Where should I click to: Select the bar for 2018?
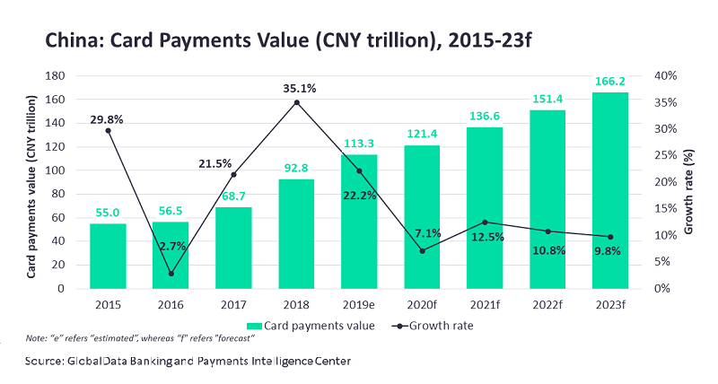(296, 233)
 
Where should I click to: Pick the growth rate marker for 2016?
(171, 274)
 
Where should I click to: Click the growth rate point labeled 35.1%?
(296, 102)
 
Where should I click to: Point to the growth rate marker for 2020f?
(422, 250)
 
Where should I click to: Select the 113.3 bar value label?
(359, 141)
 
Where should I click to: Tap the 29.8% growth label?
(106, 118)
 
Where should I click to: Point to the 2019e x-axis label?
(359, 303)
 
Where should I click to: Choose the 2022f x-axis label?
(547, 303)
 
